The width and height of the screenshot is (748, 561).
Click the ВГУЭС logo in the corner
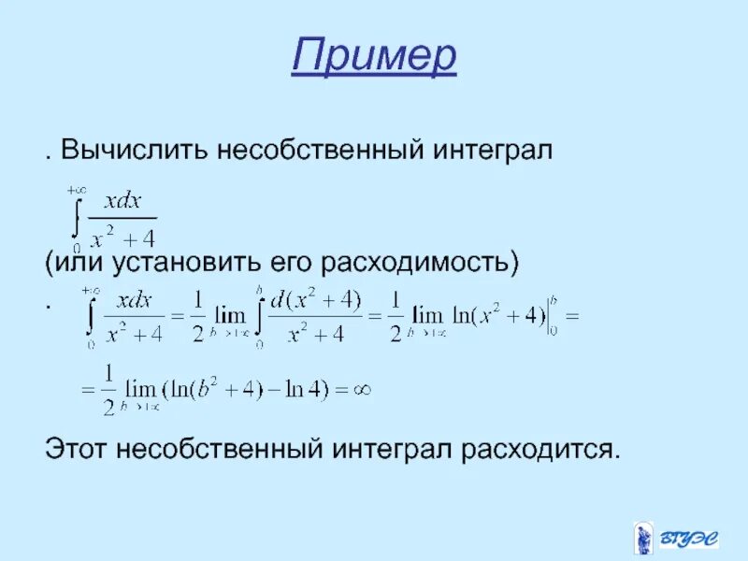click(675, 539)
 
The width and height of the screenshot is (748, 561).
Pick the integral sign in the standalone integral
click(76, 215)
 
